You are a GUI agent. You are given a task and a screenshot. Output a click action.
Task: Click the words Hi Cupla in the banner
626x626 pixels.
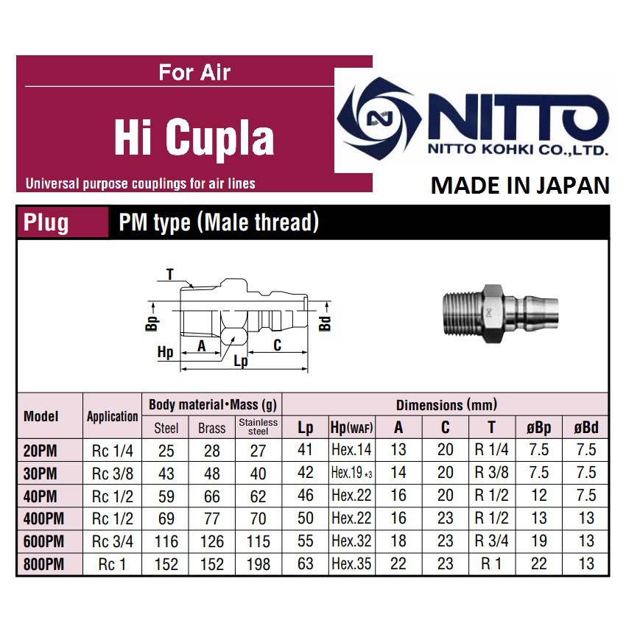[194, 137]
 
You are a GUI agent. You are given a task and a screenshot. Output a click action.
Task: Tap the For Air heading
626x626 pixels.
[194, 73]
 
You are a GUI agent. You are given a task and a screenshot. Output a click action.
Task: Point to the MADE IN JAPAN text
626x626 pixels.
[520, 186]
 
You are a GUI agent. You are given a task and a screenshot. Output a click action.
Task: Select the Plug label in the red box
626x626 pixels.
[46, 222]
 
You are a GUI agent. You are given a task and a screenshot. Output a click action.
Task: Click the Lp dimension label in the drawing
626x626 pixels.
[239, 361]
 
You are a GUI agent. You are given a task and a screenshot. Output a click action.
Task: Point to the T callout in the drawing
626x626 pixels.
[169, 275]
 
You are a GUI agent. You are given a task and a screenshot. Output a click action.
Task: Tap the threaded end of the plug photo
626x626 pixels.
[454, 312]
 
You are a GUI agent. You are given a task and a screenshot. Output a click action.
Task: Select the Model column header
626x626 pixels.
[41, 415]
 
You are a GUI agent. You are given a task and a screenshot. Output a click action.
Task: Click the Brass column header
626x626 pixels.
[212, 427]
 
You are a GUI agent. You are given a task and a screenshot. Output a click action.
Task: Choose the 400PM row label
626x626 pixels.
[44, 518]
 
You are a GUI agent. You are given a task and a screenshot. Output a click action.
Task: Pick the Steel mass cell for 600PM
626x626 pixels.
[166, 542]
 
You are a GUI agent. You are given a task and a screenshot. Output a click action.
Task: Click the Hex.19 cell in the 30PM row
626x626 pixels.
[351, 473]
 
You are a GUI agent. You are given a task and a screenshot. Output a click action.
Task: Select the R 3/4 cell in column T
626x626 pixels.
[491, 542]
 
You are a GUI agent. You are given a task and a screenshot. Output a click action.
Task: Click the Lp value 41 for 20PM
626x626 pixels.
[305, 450]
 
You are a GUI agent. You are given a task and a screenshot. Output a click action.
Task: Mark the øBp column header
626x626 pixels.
[539, 427]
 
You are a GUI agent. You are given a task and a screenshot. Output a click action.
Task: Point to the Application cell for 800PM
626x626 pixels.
[111, 565]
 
